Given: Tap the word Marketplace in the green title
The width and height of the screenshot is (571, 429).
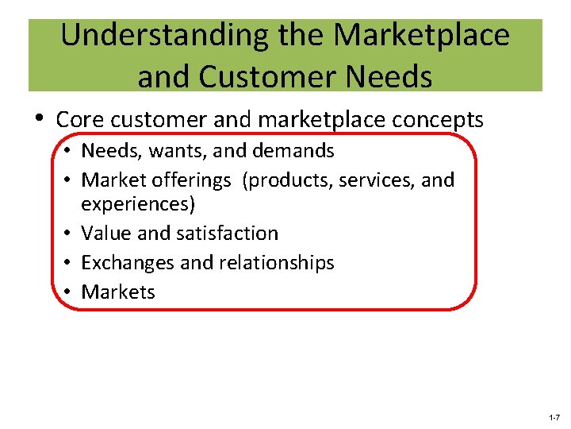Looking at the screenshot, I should (422, 36).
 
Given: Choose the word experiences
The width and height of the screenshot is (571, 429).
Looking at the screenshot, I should (139, 204).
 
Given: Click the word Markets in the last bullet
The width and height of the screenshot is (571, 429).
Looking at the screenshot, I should (118, 292).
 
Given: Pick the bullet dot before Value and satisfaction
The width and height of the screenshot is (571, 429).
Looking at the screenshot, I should (70, 234).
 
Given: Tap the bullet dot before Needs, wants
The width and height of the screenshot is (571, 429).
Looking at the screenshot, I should (70, 151).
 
